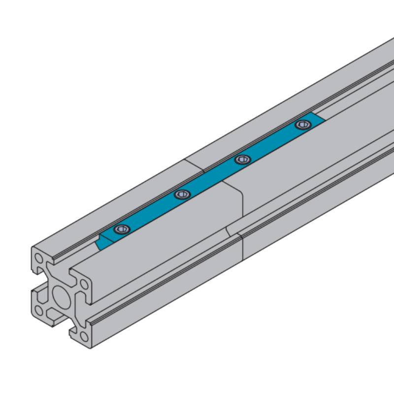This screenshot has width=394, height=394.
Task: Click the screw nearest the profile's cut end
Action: click(121, 229)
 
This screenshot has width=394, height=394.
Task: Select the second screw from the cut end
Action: click(182, 195)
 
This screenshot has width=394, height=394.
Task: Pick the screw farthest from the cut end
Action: click(302, 125)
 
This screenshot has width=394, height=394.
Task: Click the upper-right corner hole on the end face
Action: click(84, 284)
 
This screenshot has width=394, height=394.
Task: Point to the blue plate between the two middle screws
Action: click(212, 177)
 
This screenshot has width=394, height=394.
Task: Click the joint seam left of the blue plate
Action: click(195, 165)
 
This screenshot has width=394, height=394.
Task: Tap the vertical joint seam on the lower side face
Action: click(243, 246)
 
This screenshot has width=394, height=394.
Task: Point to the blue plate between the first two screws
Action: click(152, 212)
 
